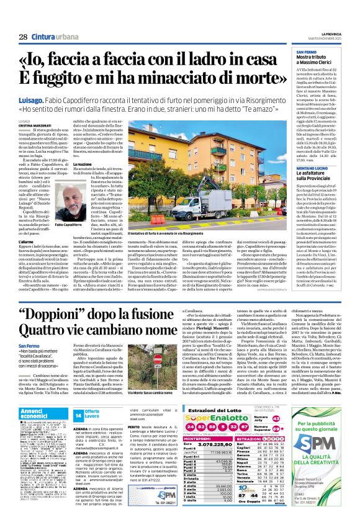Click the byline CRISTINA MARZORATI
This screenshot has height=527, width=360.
(33, 125)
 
